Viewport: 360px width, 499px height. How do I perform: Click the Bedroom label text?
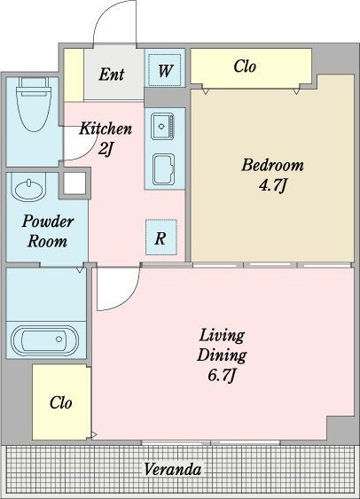[x=272, y=165]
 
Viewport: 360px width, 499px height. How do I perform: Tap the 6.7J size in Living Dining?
[x=222, y=376]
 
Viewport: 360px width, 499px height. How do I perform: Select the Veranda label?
[x=173, y=469]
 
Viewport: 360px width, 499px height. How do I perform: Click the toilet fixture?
[x=34, y=105]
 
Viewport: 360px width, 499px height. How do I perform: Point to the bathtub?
[x=44, y=340]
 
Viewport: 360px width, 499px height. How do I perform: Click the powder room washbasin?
[x=28, y=188]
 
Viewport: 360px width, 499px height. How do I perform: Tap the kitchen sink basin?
[x=163, y=127]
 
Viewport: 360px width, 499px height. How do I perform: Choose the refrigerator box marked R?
[x=160, y=238]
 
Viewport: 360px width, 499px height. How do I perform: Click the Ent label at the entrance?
[x=111, y=74]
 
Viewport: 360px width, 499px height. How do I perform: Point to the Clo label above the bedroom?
[x=245, y=66]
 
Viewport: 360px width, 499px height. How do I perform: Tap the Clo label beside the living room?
[x=60, y=403]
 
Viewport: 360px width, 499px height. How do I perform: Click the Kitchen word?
[x=106, y=129]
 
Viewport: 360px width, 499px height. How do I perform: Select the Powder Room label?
[x=48, y=231]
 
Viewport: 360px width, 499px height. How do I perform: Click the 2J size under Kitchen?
[x=106, y=149]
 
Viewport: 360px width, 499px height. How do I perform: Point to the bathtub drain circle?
[x=59, y=339]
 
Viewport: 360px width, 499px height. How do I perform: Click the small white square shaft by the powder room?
[x=74, y=183]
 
